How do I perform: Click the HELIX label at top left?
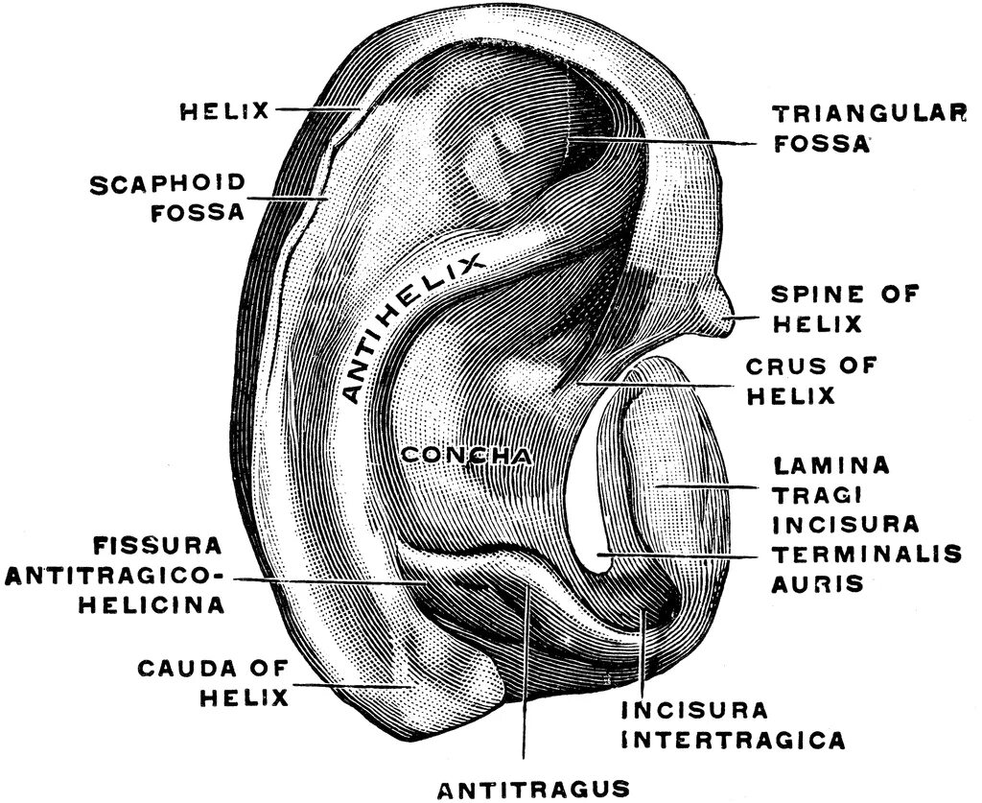[224, 111]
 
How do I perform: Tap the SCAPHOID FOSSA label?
[168, 197]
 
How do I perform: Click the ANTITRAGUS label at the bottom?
[533, 789]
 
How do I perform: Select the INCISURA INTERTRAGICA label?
[734, 725]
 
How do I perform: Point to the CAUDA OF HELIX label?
[212, 681]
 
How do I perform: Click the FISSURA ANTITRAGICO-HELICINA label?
[115, 576]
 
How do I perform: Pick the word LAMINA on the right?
[831, 466]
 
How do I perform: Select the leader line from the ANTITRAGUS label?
[525, 691]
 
